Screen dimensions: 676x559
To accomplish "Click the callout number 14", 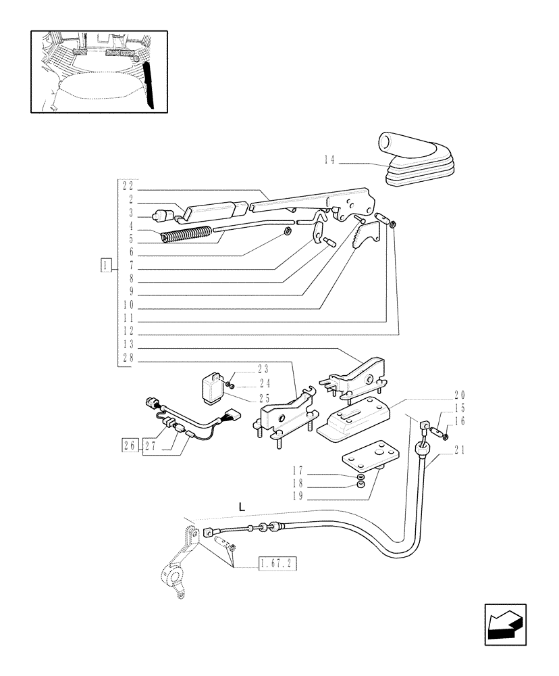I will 329,160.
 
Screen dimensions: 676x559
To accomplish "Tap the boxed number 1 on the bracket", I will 105,264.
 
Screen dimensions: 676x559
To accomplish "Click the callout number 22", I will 128,185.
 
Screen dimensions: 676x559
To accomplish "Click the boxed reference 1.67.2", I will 279,562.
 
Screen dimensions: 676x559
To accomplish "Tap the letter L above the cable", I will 240,506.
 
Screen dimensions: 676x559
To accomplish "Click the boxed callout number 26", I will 130,445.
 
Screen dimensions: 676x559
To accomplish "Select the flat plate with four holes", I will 367,458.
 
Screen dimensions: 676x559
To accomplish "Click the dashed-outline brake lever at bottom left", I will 177,562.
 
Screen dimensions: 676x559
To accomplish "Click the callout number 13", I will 128,344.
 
